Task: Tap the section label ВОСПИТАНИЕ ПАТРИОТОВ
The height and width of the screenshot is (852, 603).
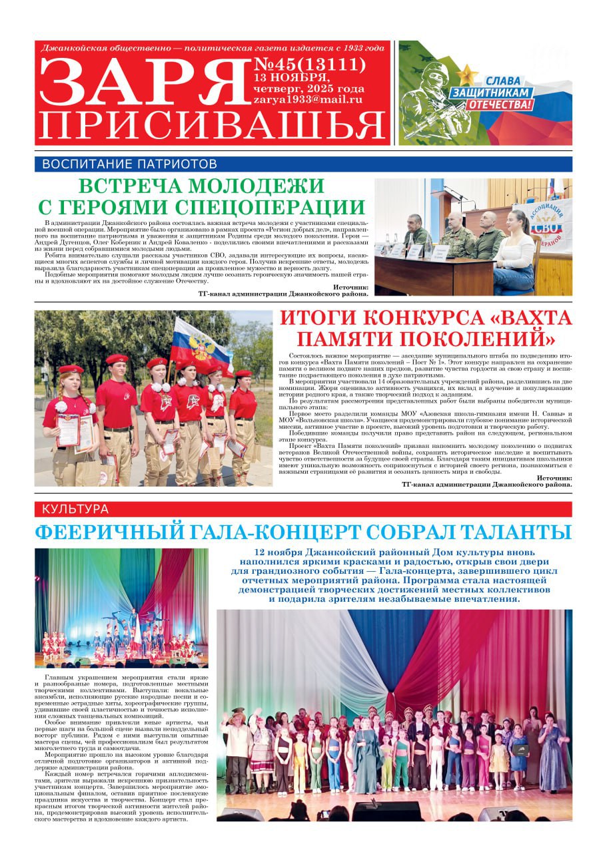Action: point(130,164)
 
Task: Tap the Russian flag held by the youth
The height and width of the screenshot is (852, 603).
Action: point(200,346)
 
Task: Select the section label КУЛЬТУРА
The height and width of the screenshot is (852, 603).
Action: point(75,509)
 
